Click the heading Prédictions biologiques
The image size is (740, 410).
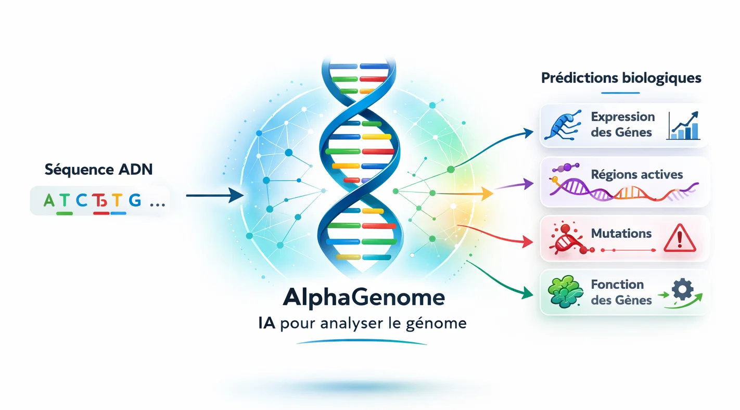(621, 79)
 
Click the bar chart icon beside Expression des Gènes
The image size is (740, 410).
(684, 127)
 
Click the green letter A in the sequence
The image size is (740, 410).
(49, 201)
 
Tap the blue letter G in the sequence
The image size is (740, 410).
(134, 200)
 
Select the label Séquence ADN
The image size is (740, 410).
(99, 169)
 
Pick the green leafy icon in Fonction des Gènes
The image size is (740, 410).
(565, 292)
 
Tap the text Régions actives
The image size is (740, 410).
(637, 174)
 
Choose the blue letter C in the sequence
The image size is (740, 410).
(81, 201)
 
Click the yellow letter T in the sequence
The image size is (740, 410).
(118, 201)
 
